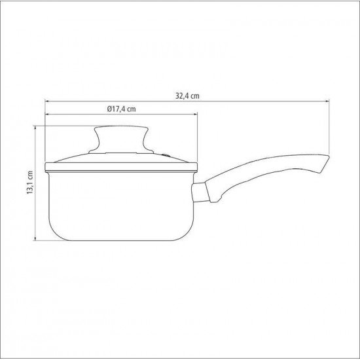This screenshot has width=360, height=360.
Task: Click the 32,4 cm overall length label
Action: click(187, 95)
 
